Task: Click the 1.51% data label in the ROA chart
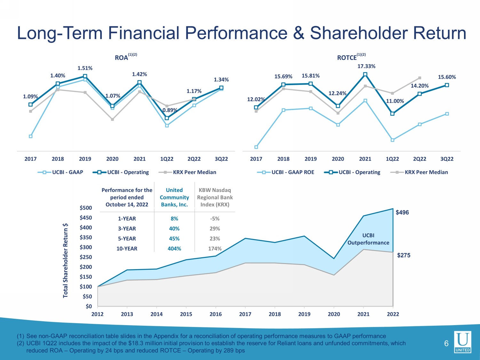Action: (85, 68)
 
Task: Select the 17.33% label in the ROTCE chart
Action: (366, 66)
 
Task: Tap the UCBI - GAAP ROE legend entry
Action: (285, 172)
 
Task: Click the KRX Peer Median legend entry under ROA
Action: (188, 172)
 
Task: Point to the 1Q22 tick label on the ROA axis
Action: (167, 159)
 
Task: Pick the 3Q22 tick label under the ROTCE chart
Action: (447, 159)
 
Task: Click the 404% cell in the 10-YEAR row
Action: (174, 249)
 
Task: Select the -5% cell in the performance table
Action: (215, 219)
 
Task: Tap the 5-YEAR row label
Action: (127, 238)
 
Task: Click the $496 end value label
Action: (402, 212)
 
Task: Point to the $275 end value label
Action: (404, 255)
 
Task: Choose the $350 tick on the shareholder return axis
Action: (86, 237)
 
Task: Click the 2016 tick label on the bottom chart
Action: (216, 314)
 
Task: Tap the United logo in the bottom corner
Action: (462, 342)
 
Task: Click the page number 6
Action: (446, 344)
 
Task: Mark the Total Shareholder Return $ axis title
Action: (65, 260)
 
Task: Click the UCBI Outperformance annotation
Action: (368, 239)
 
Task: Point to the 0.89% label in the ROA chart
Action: (170, 110)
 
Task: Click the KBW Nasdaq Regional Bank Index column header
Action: (215, 197)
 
